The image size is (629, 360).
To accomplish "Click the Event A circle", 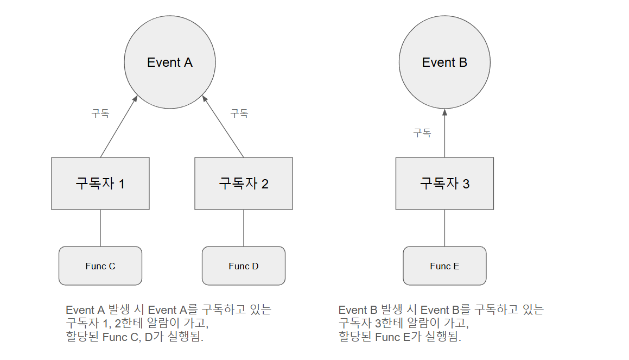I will coord(170,62).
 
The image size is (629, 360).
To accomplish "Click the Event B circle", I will coord(444,62).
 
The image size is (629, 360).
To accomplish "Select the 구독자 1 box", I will coord(100,184).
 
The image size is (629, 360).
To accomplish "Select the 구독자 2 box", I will coord(244,184).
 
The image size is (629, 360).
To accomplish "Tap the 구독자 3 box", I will coord(444,184).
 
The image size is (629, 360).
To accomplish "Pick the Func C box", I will coord(100,266).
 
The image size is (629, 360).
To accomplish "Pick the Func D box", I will coord(244,266).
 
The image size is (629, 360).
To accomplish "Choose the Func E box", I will coord(444,266).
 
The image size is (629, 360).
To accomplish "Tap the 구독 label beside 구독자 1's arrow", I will coord(100,113).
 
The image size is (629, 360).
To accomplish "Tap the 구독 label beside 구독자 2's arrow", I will coord(239,113).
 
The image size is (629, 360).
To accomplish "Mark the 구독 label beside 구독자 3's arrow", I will coord(422,132).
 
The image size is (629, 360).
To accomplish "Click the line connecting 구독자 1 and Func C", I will coord(100,228).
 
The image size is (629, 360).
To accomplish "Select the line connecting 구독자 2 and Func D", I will coord(244,228).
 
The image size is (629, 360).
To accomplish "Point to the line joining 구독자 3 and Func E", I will coord(444,228).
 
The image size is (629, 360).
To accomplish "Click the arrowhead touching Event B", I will coord(444,112).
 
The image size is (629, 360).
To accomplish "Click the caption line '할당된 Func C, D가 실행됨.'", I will coord(135,337).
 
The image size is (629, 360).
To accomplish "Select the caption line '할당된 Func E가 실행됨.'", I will coord(400,337).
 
